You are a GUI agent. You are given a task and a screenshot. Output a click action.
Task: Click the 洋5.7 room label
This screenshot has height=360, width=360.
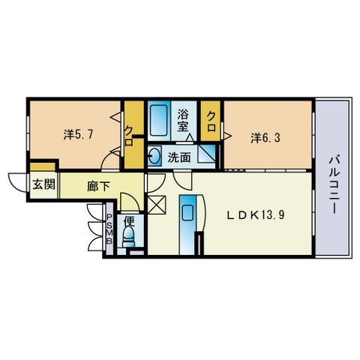coord(78,135)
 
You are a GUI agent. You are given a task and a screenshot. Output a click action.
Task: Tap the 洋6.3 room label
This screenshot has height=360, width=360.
coord(265,138)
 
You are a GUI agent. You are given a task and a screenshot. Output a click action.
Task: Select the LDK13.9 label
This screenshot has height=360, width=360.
coord(256,215)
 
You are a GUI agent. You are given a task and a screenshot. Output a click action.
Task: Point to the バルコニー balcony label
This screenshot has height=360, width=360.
coord(334,184)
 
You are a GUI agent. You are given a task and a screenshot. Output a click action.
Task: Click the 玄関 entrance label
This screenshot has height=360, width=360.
coord(44,184)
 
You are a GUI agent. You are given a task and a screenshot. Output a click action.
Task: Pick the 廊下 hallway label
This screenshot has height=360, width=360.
coord(98,187)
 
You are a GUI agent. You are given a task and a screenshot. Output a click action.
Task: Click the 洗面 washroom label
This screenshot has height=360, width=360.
coord(179,157)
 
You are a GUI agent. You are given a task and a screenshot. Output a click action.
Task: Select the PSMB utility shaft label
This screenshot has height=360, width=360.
coord(109,229)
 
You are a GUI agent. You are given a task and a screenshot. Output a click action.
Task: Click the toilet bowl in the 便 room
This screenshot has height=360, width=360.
coord(128,236)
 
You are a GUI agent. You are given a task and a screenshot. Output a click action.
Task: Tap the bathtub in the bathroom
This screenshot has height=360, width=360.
coord(159,120)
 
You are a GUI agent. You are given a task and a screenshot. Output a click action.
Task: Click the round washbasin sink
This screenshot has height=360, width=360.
coord(155,155)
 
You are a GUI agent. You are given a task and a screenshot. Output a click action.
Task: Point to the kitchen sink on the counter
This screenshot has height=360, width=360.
coord(187,213)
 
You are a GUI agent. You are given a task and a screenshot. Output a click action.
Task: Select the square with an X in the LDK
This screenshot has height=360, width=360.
coord(157,205)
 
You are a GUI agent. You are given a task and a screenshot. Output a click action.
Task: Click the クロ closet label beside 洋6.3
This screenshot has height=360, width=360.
coord(211,121)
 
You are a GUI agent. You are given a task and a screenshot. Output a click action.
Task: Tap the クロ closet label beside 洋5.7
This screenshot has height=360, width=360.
coord(128,136)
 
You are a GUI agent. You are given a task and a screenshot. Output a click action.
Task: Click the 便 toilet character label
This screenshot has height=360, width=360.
coord(130,220)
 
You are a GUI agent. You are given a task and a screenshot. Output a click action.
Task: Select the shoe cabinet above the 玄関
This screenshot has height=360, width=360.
coord(43,166)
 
